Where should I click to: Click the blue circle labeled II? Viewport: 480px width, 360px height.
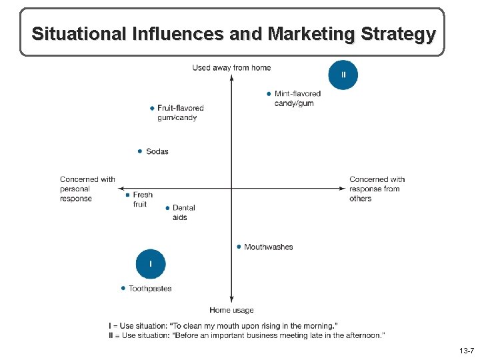[343, 75]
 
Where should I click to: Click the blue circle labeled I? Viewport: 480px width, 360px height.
[151, 264]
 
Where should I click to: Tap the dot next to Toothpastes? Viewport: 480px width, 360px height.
[123, 289]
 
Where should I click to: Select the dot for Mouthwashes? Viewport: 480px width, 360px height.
[239, 247]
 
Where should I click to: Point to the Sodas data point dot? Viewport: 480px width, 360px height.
[140, 151]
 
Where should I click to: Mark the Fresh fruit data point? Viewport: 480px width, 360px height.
[127, 195]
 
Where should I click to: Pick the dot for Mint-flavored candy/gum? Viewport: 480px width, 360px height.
[269, 94]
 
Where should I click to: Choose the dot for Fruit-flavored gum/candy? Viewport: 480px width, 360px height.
[152, 108]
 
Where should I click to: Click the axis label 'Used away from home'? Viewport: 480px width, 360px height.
[231, 67]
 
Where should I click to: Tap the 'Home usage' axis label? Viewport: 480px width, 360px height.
[231, 310]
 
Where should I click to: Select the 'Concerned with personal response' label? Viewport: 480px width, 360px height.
[87, 189]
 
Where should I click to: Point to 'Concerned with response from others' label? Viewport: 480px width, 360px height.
[377, 189]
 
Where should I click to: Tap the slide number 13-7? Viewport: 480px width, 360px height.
[466, 351]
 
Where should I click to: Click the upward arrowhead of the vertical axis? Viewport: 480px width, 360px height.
[231, 77]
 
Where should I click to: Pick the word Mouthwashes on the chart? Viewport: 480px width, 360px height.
[269, 247]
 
